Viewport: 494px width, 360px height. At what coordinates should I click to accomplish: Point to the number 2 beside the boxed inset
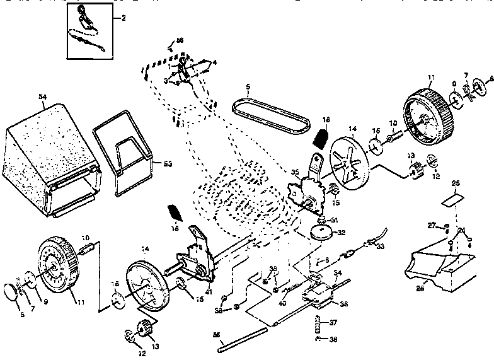123,18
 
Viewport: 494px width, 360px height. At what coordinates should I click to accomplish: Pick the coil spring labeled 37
318,324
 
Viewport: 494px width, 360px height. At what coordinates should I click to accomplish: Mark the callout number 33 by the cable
380,247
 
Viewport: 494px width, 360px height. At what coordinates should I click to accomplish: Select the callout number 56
180,40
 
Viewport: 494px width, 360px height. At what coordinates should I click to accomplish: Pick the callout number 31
335,219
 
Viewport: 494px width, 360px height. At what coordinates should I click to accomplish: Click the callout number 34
337,274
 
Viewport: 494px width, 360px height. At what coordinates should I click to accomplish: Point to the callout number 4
215,62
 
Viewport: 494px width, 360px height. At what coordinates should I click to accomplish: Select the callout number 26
462,229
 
